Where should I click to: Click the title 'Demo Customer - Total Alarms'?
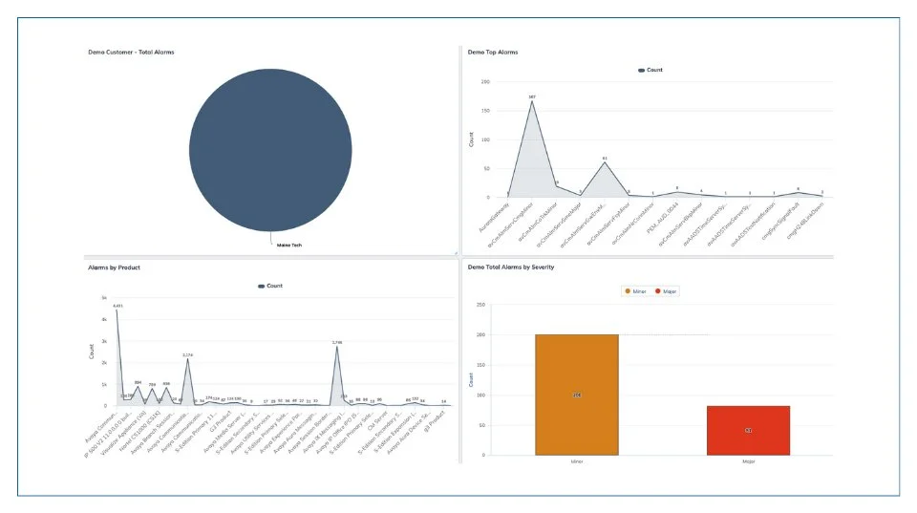tap(131, 52)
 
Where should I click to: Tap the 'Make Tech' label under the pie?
tap(277, 246)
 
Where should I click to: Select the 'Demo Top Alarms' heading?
tap(493, 52)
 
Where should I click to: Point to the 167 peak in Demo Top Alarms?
tap(532, 100)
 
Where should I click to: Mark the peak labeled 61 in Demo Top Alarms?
tap(605, 161)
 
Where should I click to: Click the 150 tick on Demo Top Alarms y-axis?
tap(485, 111)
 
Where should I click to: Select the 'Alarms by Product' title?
tap(114, 267)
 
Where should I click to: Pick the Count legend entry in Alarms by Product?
tap(269, 286)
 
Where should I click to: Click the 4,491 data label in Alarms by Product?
tap(117, 306)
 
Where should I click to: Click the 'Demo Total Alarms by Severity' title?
tap(511, 267)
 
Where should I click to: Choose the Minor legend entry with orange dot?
tap(635, 290)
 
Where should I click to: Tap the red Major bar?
tap(748, 430)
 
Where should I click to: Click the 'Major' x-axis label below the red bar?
tap(748, 460)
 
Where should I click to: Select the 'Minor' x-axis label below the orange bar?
tap(576, 460)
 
